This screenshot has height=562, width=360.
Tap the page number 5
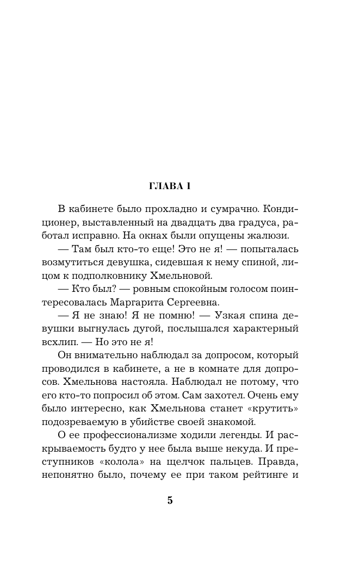170,501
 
